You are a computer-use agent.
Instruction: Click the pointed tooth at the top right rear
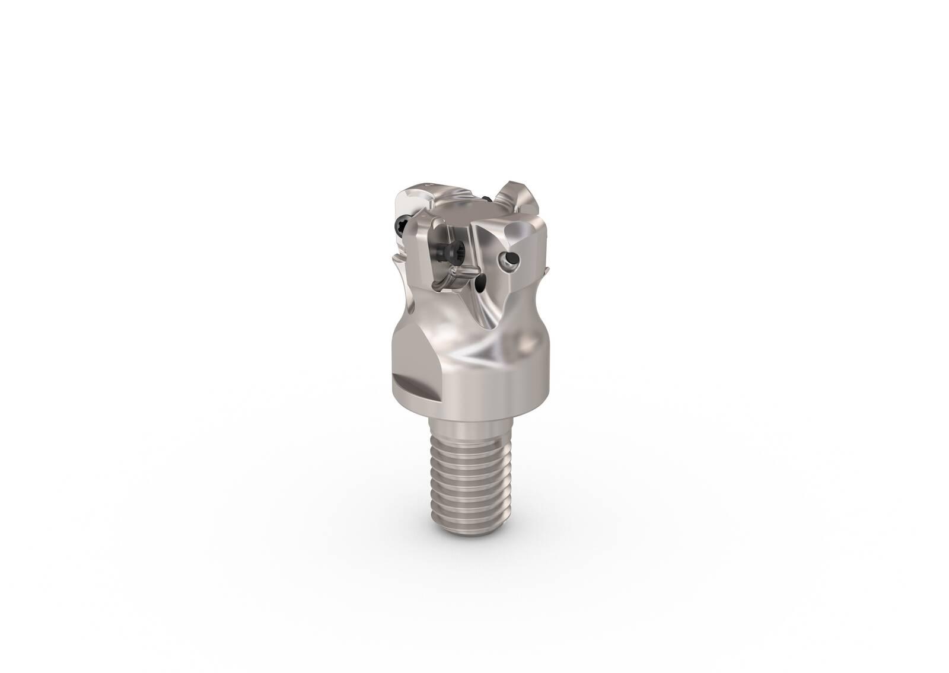pyautogui.click(x=511, y=190)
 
